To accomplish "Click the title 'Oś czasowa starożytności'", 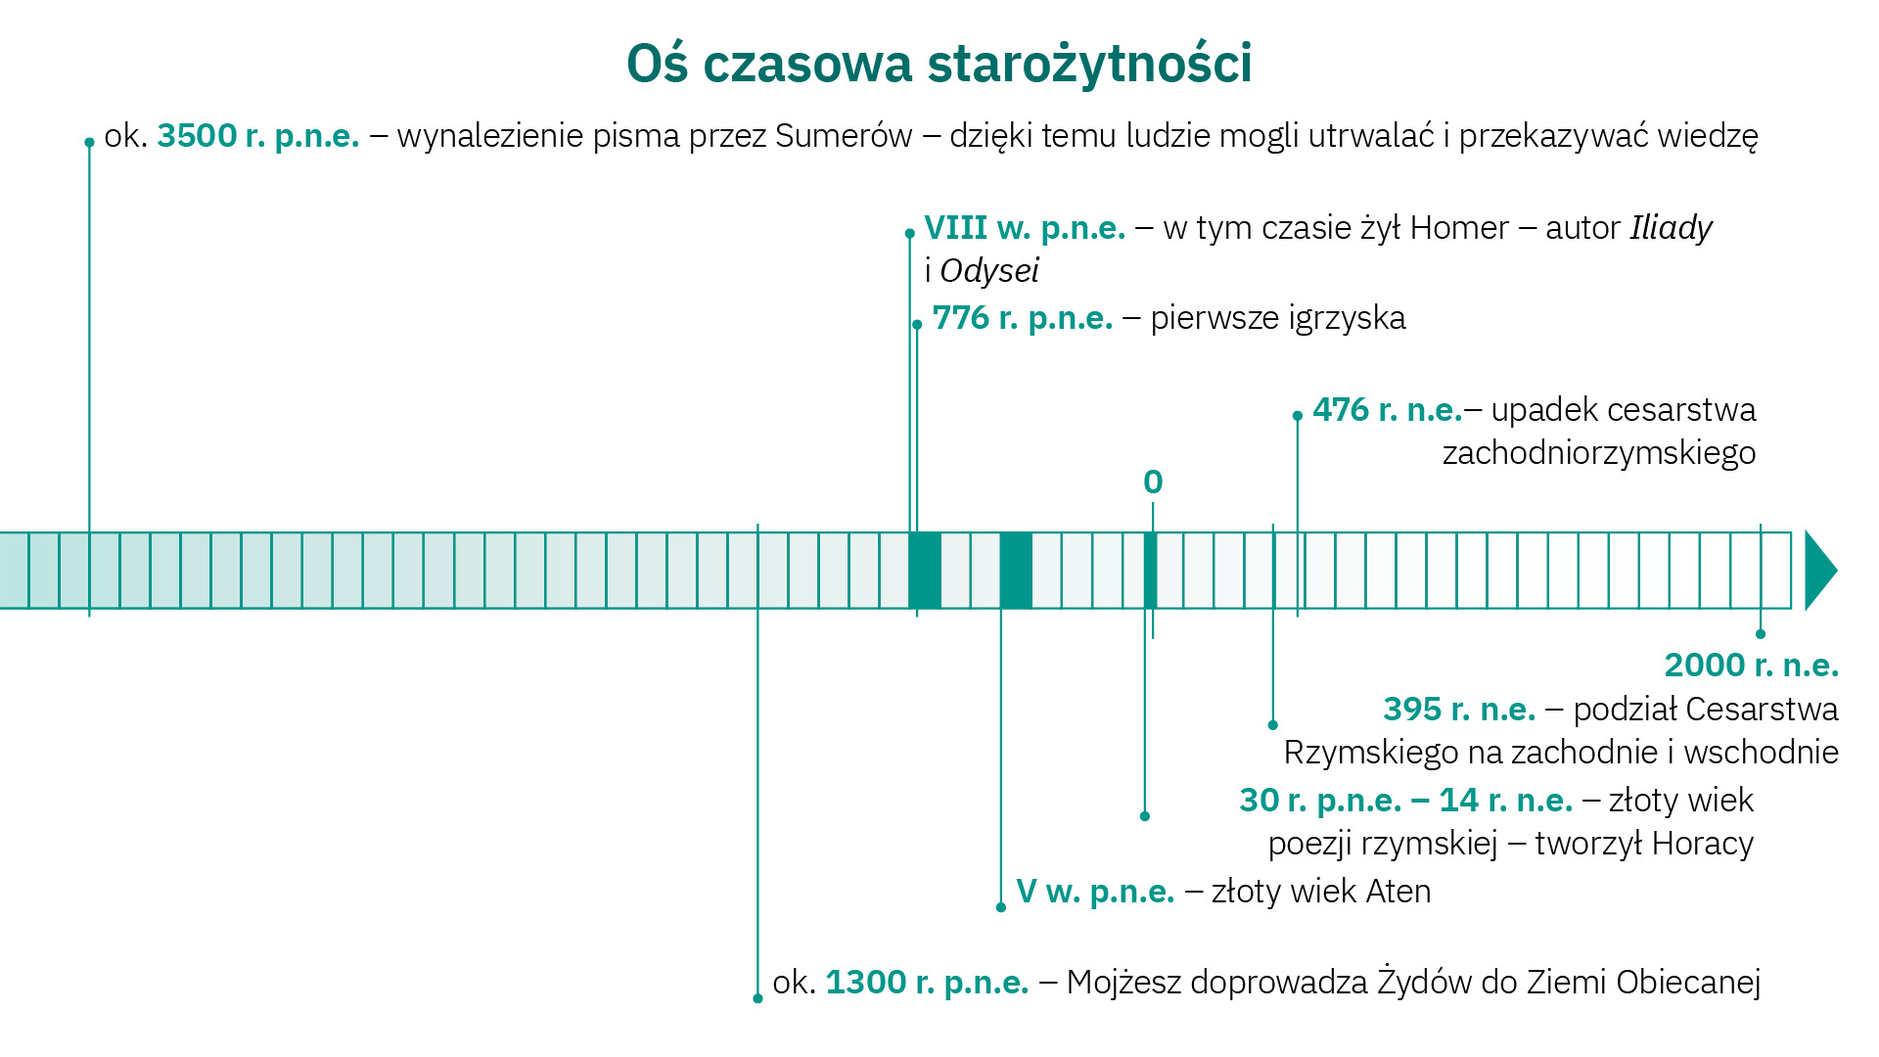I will pyautogui.click(x=939, y=64).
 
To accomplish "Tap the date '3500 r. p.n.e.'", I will pyautogui.click(x=258, y=136).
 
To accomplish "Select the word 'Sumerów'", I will pyautogui.click(x=844, y=136).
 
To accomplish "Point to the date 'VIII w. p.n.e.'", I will pyautogui.click(x=1025, y=228).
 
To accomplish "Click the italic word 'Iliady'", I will pyautogui.click(x=1671, y=228).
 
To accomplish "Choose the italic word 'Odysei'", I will pyautogui.click(x=988, y=271).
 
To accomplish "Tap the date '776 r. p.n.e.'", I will pyautogui.click(x=1023, y=318).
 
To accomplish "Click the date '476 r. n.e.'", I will pyautogui.click(x=1387, y=410).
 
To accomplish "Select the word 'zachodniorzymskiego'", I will pyautogui.click(x=1598, y=453).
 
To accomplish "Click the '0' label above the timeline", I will pyautogui.click(x=1153, y=483).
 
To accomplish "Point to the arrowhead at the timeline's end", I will pyautogui.click(x=1819, y=571).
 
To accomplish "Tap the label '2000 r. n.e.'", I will pyautogui.click(x=1751, y=666).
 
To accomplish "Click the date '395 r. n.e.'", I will pyautogui.click(x=1459, y=710).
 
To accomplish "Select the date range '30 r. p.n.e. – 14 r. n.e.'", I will pyautogui.click(x=1405, y=801).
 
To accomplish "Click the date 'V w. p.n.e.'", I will pyautogui.click(x=1095, y=892).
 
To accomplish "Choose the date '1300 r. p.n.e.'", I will pyautogui.click(x=927, y=983).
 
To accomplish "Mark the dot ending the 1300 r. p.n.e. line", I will pyautogui.click(x=757, y=998).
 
